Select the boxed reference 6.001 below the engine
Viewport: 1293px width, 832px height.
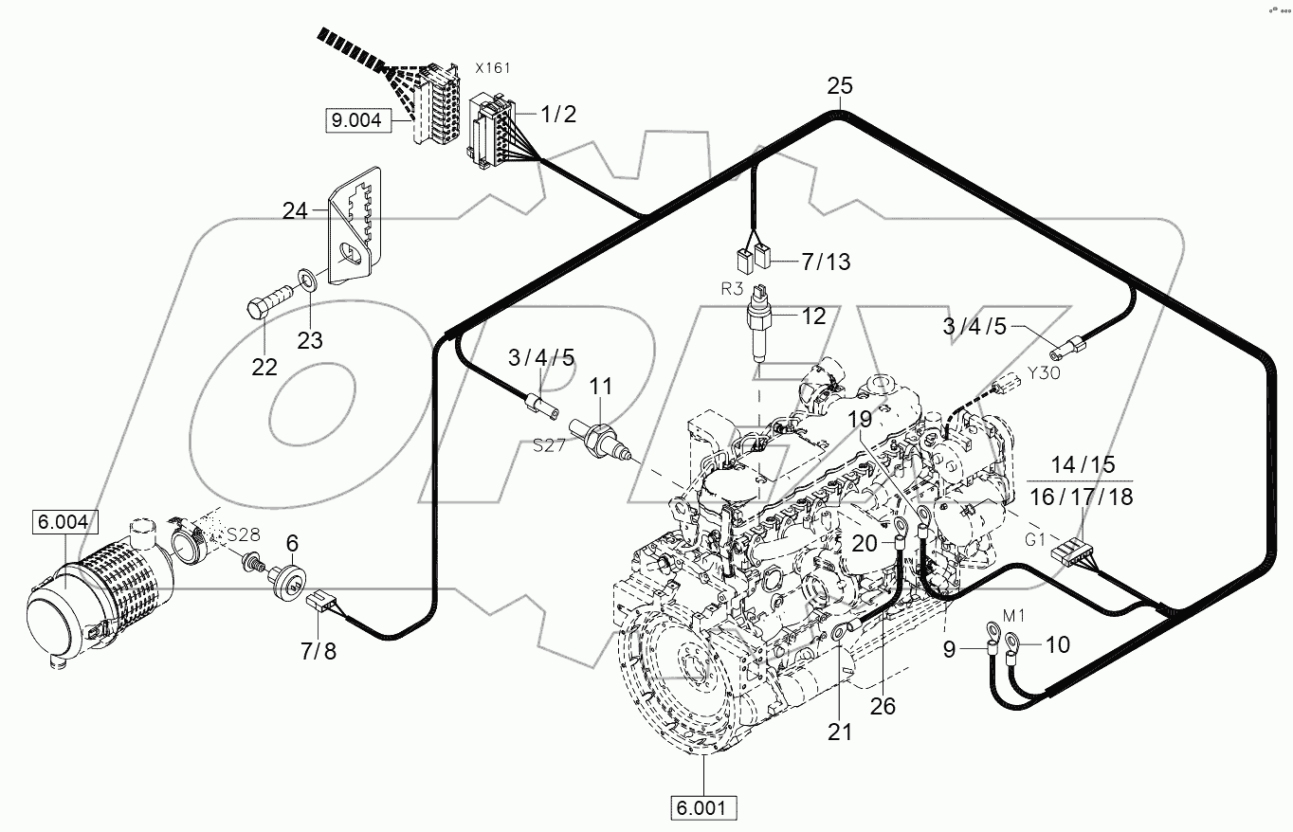click(x=703, y=808)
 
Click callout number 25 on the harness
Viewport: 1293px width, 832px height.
click(x=840, y=86)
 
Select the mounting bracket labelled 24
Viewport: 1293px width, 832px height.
click(x=356, y=225)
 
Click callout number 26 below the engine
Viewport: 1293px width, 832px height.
click(x=883, y=707)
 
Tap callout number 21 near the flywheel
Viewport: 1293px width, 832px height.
click(x=840, y=732)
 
